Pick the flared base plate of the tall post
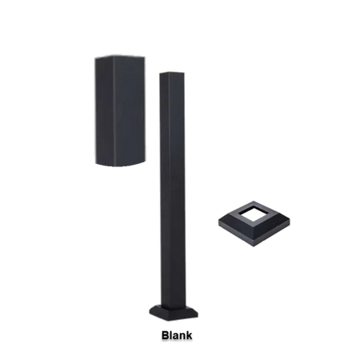coord(174,308)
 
